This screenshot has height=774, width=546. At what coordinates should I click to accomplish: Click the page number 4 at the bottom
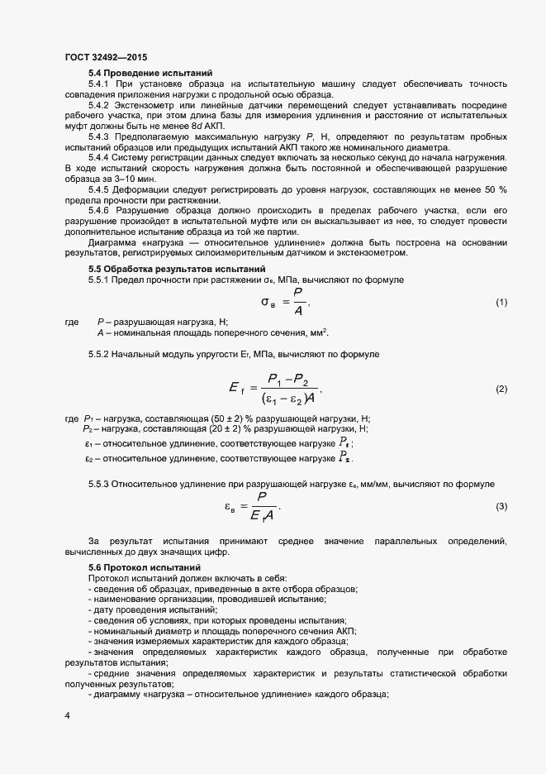pos(67,713)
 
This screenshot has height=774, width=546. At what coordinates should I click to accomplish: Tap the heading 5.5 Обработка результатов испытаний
pos(177,270)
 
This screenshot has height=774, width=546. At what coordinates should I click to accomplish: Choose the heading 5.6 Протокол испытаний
pos(144,567)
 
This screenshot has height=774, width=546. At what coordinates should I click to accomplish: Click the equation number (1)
pos(501,303)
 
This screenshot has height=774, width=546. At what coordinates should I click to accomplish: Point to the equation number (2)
pos(501,388)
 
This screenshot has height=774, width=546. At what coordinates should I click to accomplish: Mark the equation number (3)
pos(501,505)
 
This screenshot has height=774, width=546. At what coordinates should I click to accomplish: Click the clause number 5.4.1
pos(99,84)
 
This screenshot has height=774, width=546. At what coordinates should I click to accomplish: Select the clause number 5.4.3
pos(99,136)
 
